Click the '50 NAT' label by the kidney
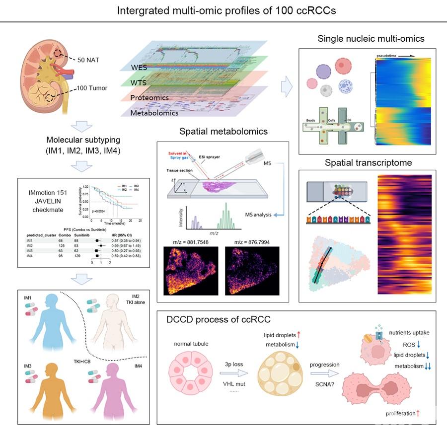coord(89,60)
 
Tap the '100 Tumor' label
coord(92,88)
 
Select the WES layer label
coord(139,68)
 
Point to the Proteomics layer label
coord(149,98)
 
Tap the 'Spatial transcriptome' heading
coord(368,162)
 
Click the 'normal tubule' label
coord(191,344)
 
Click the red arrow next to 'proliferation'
coord(418,413)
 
